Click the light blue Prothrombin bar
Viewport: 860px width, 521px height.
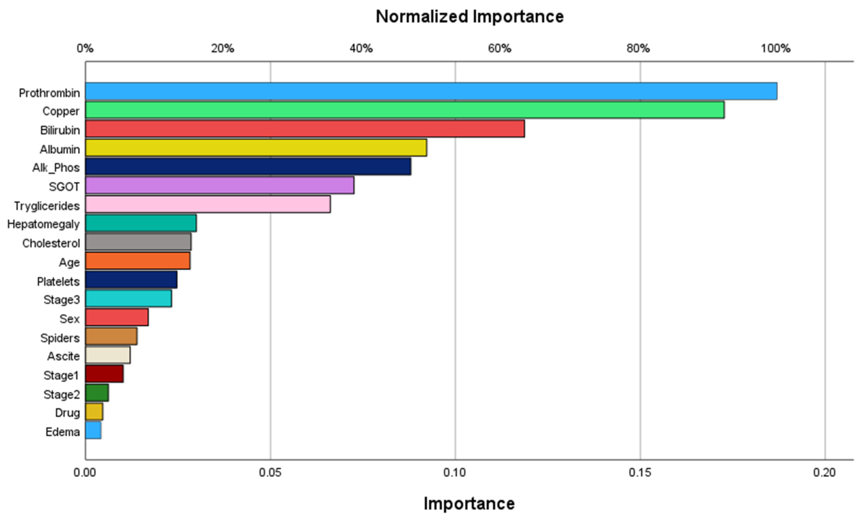(x=431, y=92)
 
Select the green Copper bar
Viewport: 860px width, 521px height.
(x=405, y=110)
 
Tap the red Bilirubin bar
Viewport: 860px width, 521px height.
(x=305, y=129)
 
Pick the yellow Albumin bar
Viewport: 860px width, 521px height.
(x=256, y=147)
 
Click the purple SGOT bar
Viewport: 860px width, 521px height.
(x=220, y=185)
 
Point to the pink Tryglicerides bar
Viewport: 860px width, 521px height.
(x=208, y=204)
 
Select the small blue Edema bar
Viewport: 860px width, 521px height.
(x=93, y=430)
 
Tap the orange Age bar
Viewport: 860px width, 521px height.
(x=138, y=261)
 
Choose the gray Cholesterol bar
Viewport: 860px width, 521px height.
(x=138, y=242)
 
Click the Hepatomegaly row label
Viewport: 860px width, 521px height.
(x=43, y=224)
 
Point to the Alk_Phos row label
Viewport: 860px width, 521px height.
(x=56, y=168)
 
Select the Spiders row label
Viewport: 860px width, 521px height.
(x=60, y=338)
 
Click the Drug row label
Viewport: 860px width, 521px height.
(x=67, y=413)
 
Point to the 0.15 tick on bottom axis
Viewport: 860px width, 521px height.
(x=640, y=472)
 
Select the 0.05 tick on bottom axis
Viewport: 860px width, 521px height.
(x=270, y=472)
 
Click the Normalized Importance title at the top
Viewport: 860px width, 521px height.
(x=469, y=17)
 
